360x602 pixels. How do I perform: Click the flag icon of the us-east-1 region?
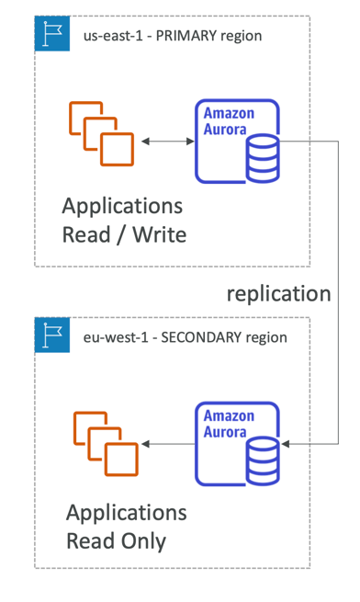click(52, 33)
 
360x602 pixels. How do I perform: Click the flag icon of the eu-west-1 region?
click(52, 335)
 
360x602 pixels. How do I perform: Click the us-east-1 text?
click(113, 36)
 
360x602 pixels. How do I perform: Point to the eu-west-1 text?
click(116, 338)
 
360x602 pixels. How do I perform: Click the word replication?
click(278, 294)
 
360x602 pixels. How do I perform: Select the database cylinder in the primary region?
click(263, 158)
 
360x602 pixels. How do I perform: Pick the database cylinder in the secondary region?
click(263, 460)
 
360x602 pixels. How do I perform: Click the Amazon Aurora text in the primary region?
click(229, 121)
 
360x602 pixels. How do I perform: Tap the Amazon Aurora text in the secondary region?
click(229, 424)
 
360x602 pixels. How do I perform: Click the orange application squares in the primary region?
click(101, 133)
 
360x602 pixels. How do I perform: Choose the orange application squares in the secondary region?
click(106, 444)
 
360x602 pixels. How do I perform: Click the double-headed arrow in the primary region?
click(168, 142)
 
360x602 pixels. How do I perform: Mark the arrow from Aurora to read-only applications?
click(168, 444)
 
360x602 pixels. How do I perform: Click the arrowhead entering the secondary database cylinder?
click(286, 444)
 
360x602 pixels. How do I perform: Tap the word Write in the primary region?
click(159, 234)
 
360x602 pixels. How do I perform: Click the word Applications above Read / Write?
click(122, 207)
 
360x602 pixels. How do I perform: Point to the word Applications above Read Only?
click(127, 513)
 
